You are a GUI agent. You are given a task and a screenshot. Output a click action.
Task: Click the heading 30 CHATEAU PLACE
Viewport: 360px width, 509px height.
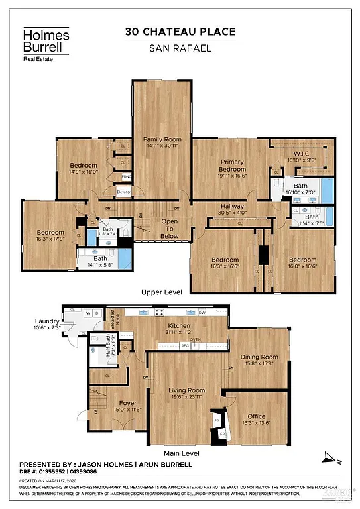click(x=180, y=32)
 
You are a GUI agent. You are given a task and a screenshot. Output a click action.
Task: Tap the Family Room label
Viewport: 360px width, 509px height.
click(x=162, y=142)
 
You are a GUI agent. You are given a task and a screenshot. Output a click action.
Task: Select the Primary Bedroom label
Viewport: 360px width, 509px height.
click(x=232, y=165)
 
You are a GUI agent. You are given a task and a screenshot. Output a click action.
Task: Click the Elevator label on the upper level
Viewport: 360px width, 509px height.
click(x=123, y=192)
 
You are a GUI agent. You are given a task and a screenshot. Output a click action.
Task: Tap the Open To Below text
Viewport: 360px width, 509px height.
click(x=170, y=228)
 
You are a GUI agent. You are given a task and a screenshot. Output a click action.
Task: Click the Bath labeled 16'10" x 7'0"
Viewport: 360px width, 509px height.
click(x=300, y=189)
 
